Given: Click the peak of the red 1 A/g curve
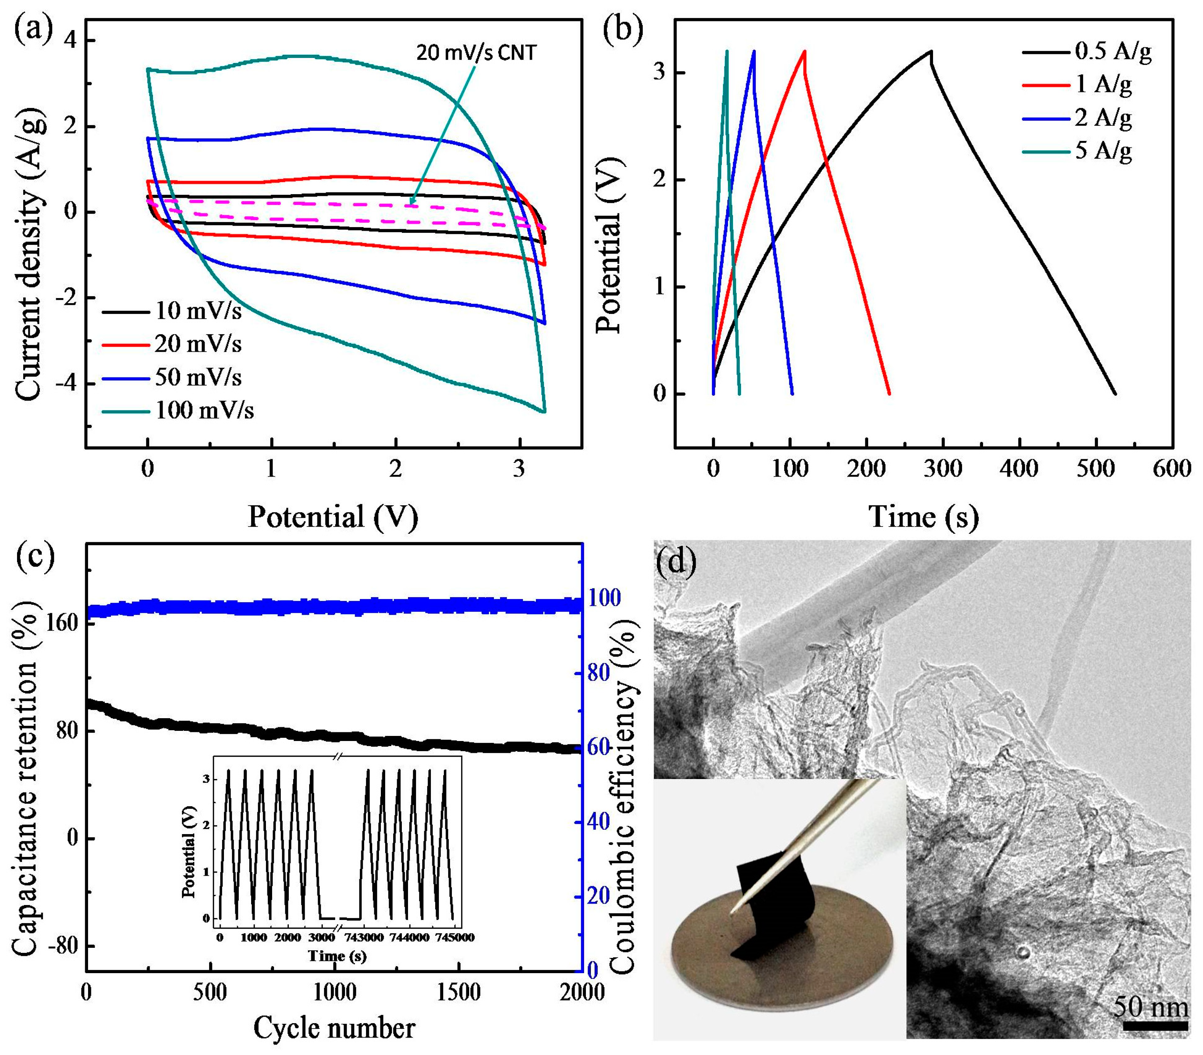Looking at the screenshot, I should click(x=804, y=51).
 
